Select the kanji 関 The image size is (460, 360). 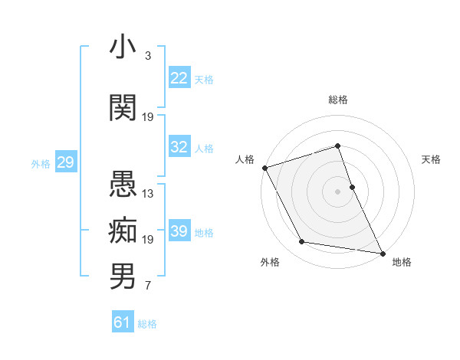coord(123,108)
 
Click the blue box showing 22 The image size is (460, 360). coord(179,78)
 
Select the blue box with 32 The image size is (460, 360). coord(179,147)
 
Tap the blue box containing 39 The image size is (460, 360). coord(179,231)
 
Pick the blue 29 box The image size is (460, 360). coord(64,162)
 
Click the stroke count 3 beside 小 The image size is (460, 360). coord(147,56)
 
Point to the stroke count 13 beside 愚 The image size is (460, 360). coord(148,194)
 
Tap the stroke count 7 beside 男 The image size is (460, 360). coord(147,286)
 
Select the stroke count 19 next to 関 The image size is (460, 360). coord(148,117)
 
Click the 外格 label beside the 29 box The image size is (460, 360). coord(41,163)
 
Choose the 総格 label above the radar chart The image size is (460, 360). coord(338,100)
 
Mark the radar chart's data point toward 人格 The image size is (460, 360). coord(264,168)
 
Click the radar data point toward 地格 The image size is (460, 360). coord(381,252)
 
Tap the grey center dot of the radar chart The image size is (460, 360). coord(338,191)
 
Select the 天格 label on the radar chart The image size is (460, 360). coord(432,159)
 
